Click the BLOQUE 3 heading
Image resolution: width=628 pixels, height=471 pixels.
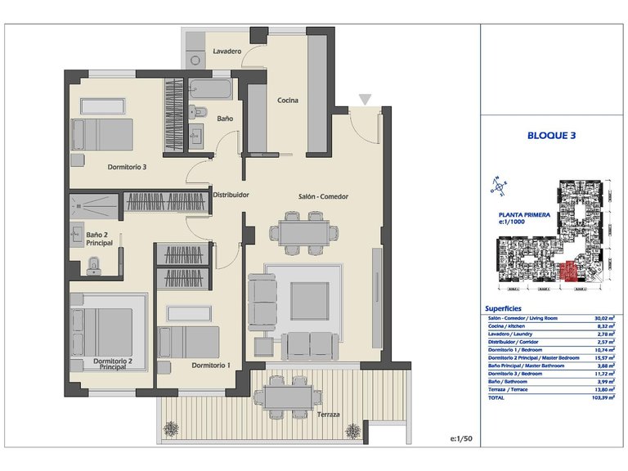(x=551, y=136)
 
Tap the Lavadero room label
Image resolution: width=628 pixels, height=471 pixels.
(x=227, y=52)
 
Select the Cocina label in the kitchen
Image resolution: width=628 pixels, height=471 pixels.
(x=287, y=101)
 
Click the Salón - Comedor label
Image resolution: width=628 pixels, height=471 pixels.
(x=323, y=196)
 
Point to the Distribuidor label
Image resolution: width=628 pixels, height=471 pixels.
(x=231, y=195)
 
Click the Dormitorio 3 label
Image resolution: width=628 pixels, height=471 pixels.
(x=127, y=167)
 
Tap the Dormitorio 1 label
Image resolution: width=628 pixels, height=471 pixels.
(x=212, y=365)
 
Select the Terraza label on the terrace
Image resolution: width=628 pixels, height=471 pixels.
(x=327, y=415)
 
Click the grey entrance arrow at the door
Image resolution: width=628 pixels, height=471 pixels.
(x=366, y=100)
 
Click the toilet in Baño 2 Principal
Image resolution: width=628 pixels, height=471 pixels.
(x=94, y=262)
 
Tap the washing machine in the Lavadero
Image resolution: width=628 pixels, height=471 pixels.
(x=195, y=59)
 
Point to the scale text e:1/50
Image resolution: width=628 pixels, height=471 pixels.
(x=462, y=439)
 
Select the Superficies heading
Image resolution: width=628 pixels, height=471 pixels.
(x=509, y=307)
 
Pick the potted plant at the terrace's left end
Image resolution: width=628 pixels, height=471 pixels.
(x=172, y=428)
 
